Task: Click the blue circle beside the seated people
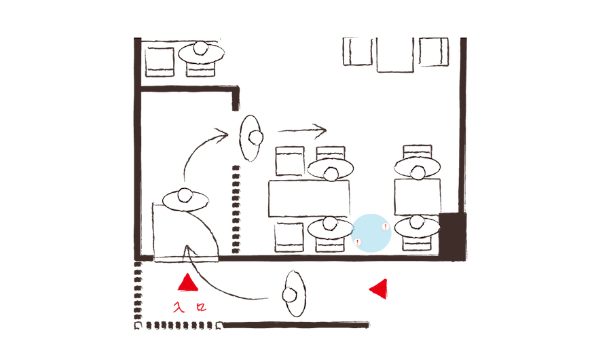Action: (372, 234)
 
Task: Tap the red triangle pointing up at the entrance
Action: (187, 282)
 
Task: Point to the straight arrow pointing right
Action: (302, 129)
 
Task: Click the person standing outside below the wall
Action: (295, 294)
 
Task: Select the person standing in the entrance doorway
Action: (185, 200)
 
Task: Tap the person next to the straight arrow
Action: (251, 138)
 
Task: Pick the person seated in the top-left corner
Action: (201, 53)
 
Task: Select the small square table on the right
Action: (417, 198)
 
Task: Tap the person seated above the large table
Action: (331, 168)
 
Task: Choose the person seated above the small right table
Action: (417, 167)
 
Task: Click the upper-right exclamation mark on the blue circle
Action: (385, 227)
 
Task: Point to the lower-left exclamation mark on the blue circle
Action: (358, 241)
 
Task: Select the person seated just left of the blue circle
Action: (331, 228)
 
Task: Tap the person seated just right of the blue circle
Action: (417, 226)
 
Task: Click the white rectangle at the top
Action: (302, 18)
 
